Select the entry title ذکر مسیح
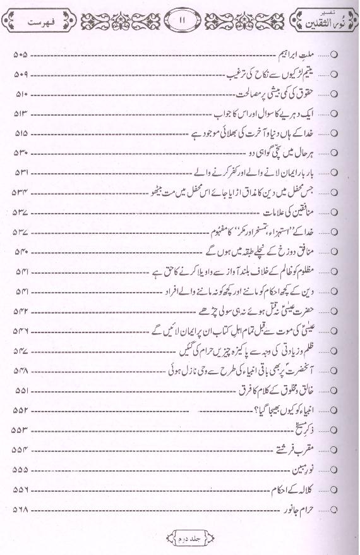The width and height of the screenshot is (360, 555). pos(309,429)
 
